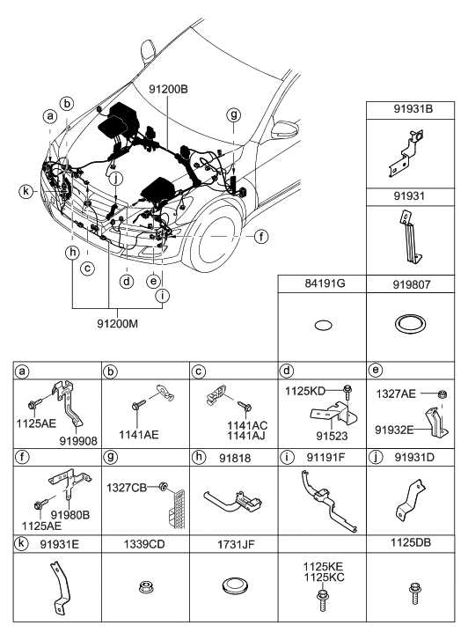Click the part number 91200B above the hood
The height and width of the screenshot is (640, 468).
point(169,89)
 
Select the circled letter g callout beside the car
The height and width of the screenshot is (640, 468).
point(233,114)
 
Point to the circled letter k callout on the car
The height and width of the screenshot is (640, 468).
point(28,191)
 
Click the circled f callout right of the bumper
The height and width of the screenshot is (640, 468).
point(261,236)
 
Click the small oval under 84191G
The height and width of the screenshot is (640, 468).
point(323,325)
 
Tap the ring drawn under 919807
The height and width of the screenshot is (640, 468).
point(410,324)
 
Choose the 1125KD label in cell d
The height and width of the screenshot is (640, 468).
point(306,388)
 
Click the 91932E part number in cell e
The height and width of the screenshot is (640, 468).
point(394,430)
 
